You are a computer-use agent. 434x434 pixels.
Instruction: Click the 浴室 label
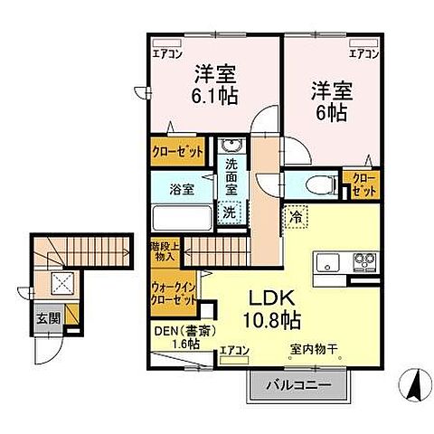click(182, 189)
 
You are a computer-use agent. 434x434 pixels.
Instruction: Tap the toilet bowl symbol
click(317, 184)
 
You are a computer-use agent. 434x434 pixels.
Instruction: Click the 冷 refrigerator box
click(296, 217)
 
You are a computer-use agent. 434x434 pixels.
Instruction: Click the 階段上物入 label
click(164, 250)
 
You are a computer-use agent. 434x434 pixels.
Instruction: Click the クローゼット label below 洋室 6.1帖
click(177, 153)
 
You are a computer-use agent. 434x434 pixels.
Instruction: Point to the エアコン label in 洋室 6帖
click(363, 55)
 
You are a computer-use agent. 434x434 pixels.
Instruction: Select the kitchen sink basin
click(327, 263)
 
